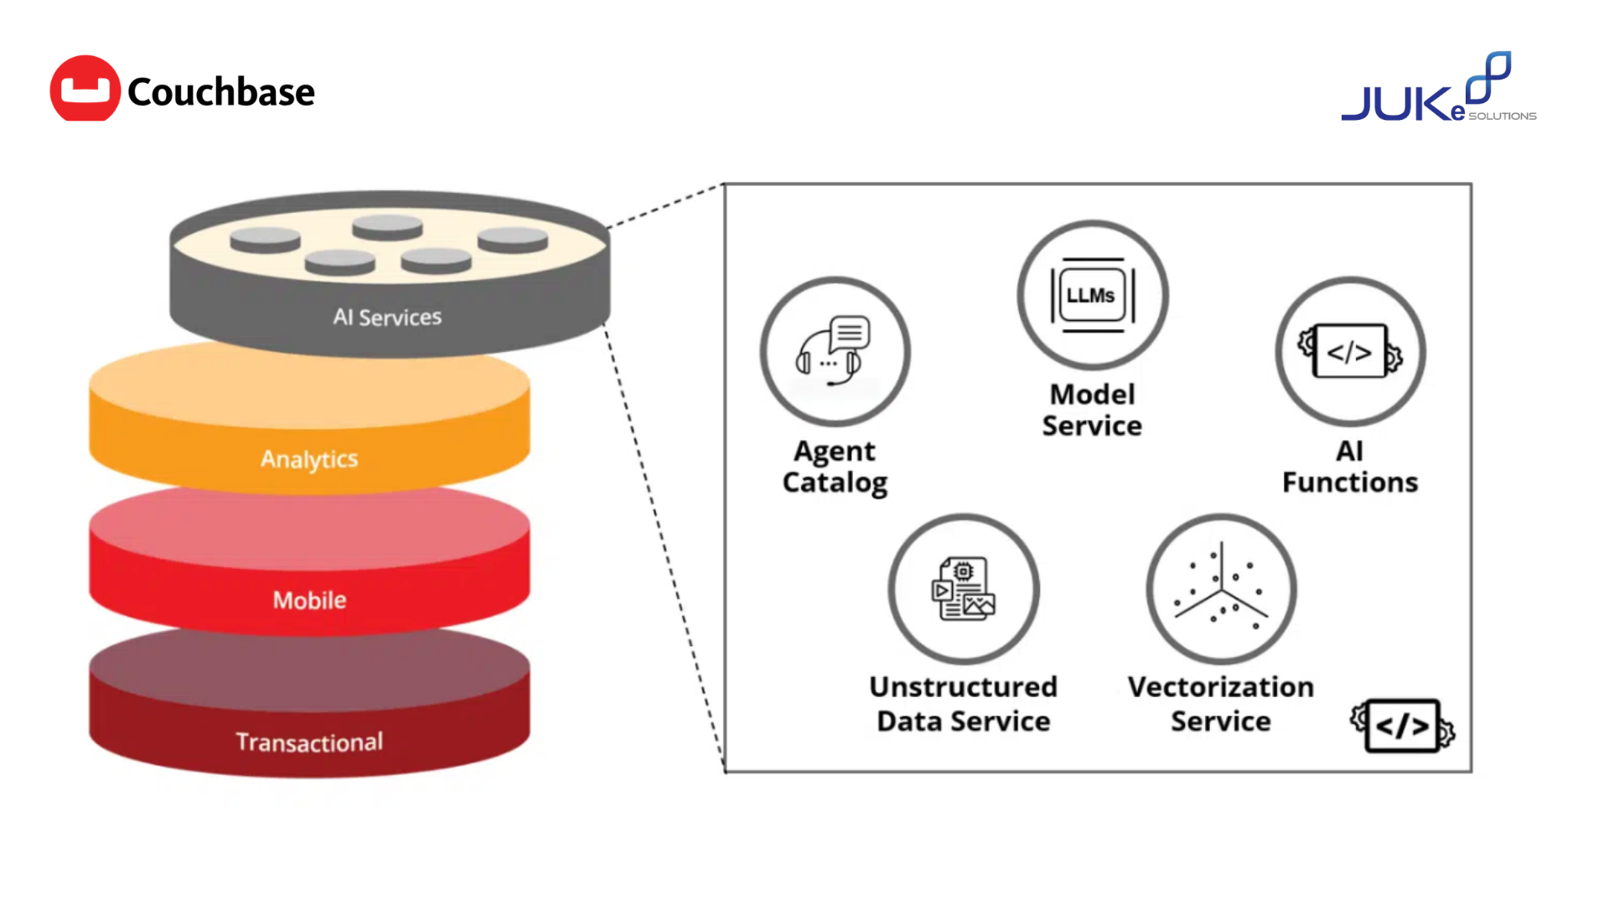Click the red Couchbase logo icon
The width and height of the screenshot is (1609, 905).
pyautogui.click(x=85, y=89)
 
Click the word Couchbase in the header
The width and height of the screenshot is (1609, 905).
pyautogui.click(x=221, y=92)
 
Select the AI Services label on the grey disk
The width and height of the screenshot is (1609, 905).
pyautogui.click(x=387, y=317)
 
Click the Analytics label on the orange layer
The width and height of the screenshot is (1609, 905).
pyautogui.click(x=309, y=459)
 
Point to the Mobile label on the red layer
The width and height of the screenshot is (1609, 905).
pyautogui.click(x=309, y=600)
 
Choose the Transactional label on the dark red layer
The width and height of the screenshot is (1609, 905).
pyautogui.click(x=309, y=742)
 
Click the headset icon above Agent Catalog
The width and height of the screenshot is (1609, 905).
pyautogui.click(x=835, y=351)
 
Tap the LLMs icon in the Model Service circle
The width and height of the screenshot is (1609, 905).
pyautogui.click(x=1092, y=295)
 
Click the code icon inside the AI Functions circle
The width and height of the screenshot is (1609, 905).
pyautogui.click(x=1349, y=352)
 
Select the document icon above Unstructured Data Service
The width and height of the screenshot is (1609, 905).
pyautogui.click(x=964, y=588)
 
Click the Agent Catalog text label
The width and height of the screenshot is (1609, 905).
pyautogui.click(x=835, y=467)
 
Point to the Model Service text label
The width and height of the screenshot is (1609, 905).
pyautogui.click(x=1092, y=410)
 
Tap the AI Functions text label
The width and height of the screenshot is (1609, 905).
pyautogui.click(x=1349, y=467)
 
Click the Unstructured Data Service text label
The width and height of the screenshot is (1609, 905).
pyautogui.click(x=964, y=704)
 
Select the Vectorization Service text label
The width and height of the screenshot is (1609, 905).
pyautogui.click(x=1221, y=704)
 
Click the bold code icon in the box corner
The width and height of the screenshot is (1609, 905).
pyautogui.click(x=1402, y=726)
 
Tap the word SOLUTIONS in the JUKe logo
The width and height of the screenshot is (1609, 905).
pyautogui.click(x=1503, y=116)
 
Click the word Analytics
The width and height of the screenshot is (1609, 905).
pyautogui.click(x=309, y=459)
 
